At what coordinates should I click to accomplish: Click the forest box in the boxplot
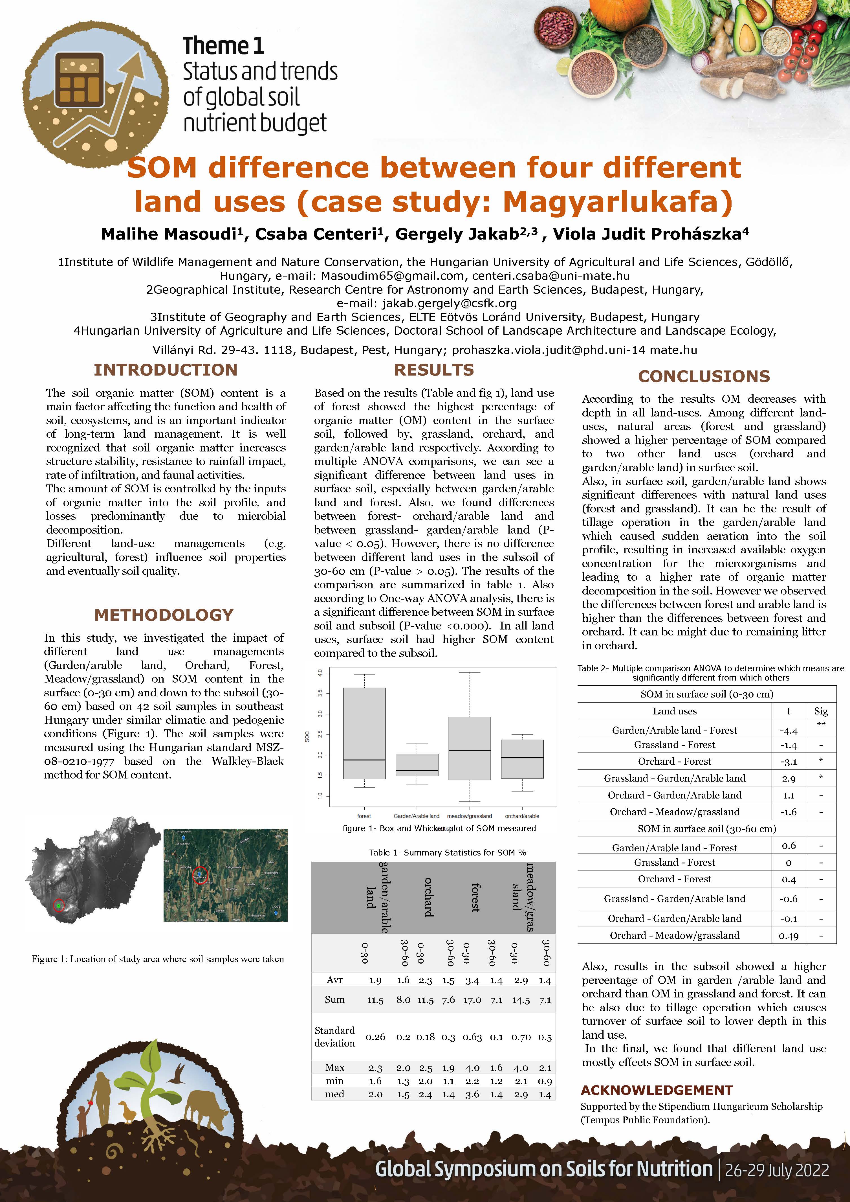364,733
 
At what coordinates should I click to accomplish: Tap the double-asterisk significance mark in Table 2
821,725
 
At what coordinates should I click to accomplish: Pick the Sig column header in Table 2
821,711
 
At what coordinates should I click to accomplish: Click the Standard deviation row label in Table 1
334,1037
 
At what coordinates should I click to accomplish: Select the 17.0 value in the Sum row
472,1000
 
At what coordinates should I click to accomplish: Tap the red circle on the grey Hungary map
59,905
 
